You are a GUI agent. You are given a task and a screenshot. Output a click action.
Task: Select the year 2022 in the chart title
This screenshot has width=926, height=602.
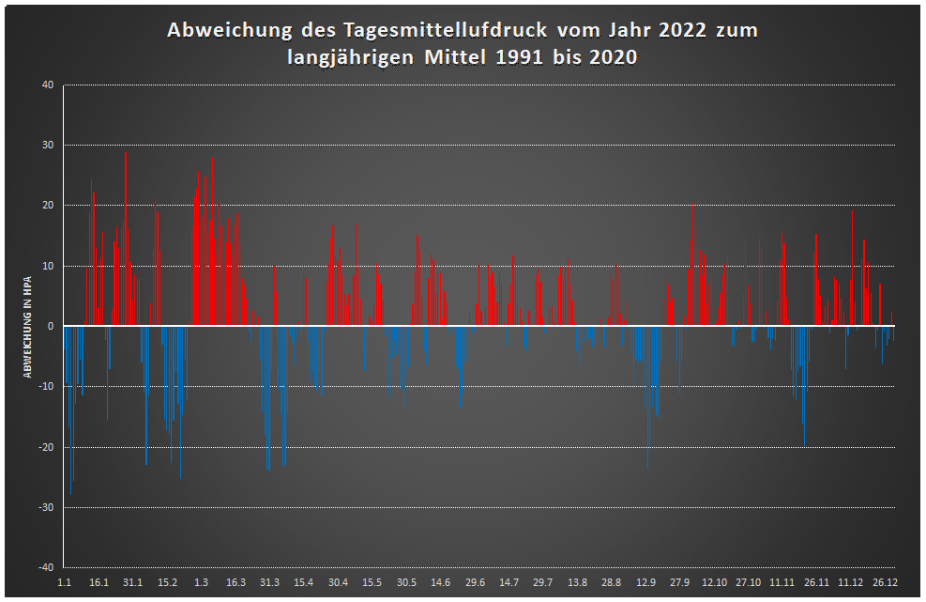pyautogui.click(x=672, y=31)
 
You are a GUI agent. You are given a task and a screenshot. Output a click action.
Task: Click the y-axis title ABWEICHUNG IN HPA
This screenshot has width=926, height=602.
pyautogui.click(x=28, y=327)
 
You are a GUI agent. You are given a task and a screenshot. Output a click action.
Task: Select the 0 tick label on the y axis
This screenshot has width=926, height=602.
pyautogui.click(x=52, y=326)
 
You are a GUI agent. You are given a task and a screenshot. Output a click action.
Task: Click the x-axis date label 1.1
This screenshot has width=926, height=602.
pyautogui.click(x=64, y=583)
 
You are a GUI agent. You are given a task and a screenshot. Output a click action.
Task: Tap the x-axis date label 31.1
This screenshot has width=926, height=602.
pyautogui.click(x=133, y=583)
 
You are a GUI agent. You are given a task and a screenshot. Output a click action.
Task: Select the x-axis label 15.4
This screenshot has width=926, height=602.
pyautogui.click(x=304, y=583)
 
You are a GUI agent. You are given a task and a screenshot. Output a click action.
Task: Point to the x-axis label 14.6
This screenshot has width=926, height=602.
pyautogui.click(x=440, y=583)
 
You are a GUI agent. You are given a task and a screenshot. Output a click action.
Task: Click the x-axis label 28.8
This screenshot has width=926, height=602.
pyautogui.click(x=612, y=583)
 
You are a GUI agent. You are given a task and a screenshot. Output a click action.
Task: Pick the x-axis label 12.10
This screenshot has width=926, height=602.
pyautogui.click(x=714, y=583)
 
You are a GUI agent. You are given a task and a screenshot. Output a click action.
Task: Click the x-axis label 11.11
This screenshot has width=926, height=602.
pyautogui.click(x=782, y=583)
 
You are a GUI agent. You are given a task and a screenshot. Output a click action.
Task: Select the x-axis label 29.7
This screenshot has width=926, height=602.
pyautogui.click(x=543, y=583)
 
